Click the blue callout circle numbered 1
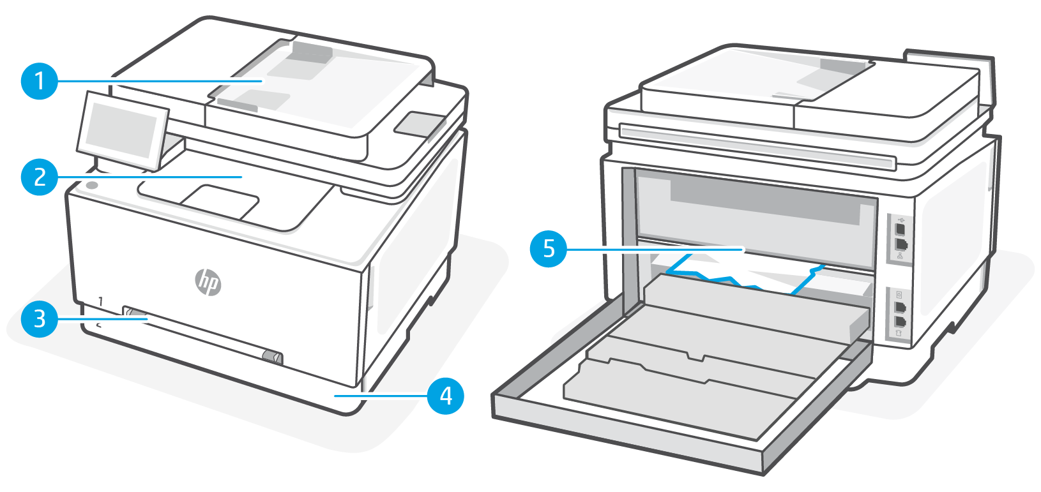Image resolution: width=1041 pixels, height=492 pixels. point(40,81)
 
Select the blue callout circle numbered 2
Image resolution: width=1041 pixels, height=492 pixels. point(40,177)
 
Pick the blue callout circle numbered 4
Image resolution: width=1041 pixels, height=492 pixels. point(445,396)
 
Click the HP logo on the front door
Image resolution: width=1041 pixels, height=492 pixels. point(208,281)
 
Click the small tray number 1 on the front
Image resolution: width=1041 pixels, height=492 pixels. point(101,301)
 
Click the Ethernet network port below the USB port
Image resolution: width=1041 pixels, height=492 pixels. point(901,244)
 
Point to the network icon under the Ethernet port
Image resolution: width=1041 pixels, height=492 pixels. point(900,256)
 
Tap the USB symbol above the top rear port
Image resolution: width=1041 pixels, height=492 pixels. point(900,219)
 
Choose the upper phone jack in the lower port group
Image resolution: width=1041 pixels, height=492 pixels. point(900,308)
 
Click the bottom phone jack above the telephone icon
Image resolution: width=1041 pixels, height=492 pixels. point(900,322)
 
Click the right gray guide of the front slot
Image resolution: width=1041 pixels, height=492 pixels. point(272,357)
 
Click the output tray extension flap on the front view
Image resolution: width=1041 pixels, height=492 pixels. point(220,200)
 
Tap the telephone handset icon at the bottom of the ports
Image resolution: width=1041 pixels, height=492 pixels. point(899,333)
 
